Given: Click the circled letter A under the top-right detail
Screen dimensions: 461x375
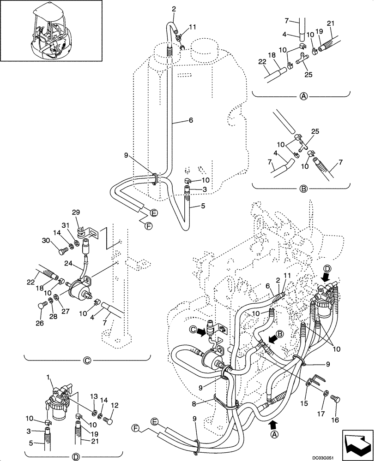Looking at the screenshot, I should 303,96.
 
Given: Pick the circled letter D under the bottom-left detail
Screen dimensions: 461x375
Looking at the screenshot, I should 76,456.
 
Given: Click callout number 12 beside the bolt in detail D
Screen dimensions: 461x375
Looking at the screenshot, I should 115,406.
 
